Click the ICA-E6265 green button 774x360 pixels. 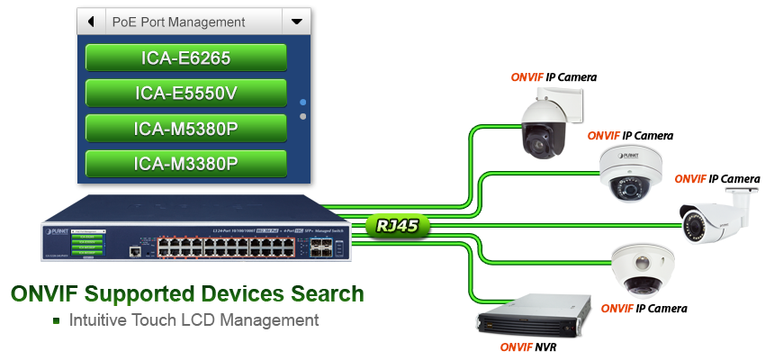pyautogui.click(x=186, y=58)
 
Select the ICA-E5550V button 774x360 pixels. pyautogui.click(x=186, y=93)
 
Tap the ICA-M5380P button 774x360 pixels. pyautogui.click(x=186, y=128)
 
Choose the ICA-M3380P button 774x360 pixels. pyautogui.click(x=186, y=163)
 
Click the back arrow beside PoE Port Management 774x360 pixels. pyautogui.click(x=91, y=21)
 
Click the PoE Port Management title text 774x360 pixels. pyautogui.click(x=178, y=21)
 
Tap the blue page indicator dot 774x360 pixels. pyautogui.click(x=302, y=103)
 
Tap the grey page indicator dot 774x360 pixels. pyautogui.click(x=302, y=116)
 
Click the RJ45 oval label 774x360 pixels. pyautogui.click(x=399, y=226)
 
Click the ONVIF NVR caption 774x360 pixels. pyautogui.click(x=528, y=346)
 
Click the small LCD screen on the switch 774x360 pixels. pyautogui.click(x=88, y=244)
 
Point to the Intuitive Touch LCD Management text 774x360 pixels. pyautogui.click(x=193, y=320)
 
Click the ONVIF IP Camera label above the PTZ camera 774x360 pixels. pyautogui.click(x=553, y=77)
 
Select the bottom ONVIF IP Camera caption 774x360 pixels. pyautogui.click(x=643, y=309)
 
